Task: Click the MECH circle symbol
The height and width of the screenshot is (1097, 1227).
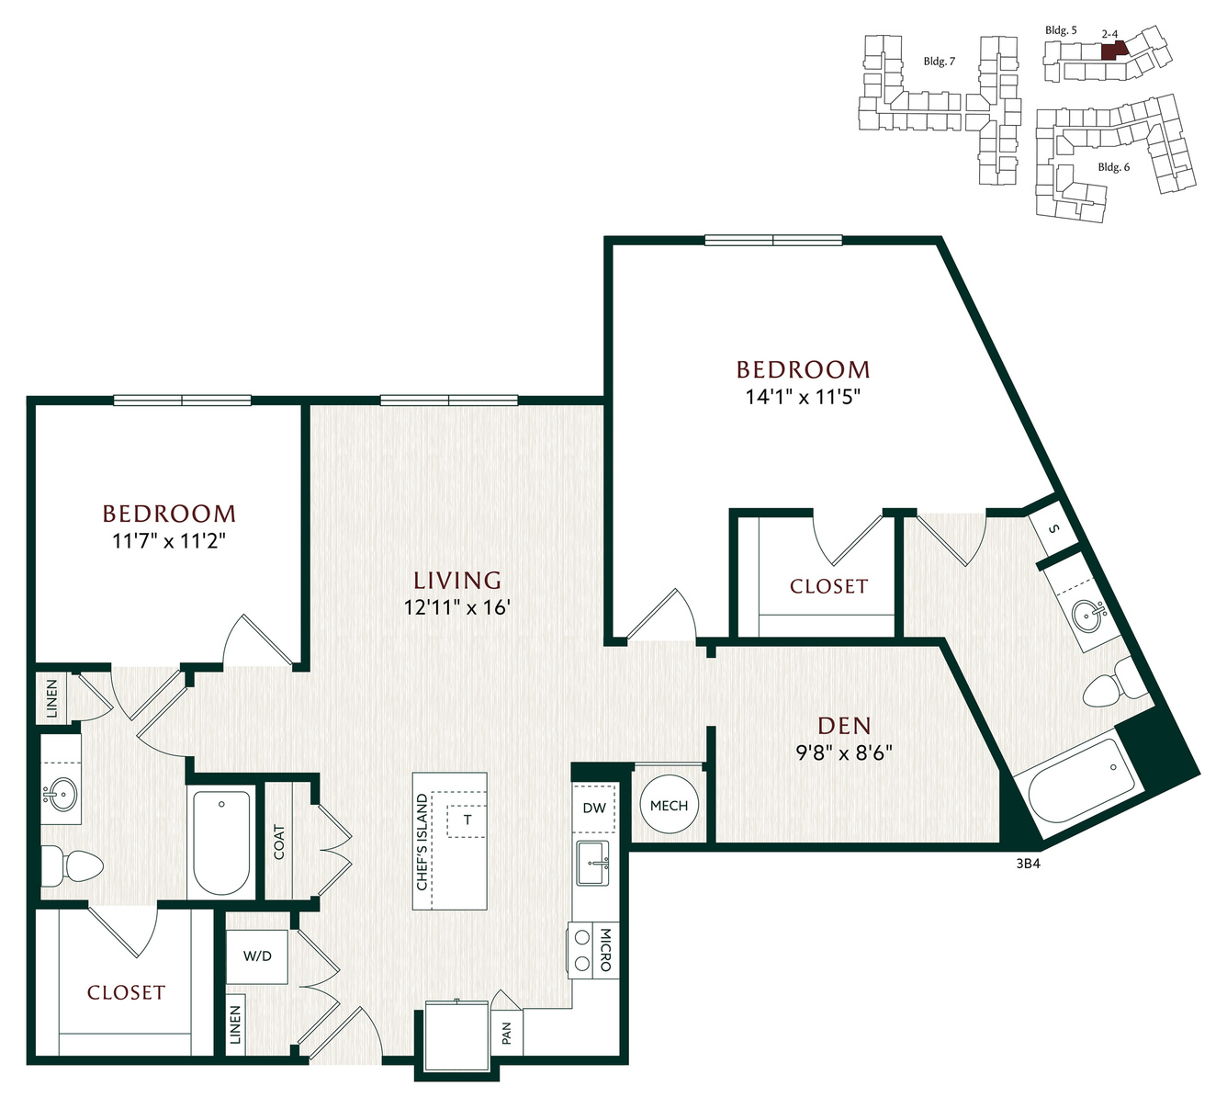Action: [x=669, y=806]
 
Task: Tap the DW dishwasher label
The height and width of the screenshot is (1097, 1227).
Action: [x=594, y=808]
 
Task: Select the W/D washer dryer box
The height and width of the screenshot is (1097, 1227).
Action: [x=257, y=956]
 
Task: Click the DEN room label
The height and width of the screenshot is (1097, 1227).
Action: [x=844, y=726]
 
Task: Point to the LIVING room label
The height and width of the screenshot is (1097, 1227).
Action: [x=457, y=580]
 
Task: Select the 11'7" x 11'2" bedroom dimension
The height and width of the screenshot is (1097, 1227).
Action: [x=169, y=540]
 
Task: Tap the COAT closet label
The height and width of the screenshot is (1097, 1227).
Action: [x=279, y=842]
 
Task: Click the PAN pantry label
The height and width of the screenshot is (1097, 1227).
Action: [x=507, y=1034]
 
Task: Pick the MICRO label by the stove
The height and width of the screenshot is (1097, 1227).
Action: [x=606, y=949]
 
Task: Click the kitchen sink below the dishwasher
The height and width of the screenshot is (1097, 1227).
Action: [x=592, y=863]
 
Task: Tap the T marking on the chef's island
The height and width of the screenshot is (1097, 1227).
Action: [x=467, y=820]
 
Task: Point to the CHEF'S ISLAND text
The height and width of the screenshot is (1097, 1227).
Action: [x=422, y=842]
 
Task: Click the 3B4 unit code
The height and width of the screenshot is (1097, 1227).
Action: [x=1029, y=864]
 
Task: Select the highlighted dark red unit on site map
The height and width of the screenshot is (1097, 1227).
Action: [x=1113, y=50]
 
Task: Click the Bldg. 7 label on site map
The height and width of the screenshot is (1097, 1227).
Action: [x=940, y=62]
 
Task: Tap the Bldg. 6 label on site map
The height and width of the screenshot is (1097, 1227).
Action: [x=1114, y=166]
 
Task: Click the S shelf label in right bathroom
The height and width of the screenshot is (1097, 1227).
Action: [x=1054, y=528]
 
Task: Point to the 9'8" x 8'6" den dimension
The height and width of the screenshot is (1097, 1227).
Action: [x=844, y=752]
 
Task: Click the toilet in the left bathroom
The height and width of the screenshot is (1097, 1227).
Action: [x=72, y=865]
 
